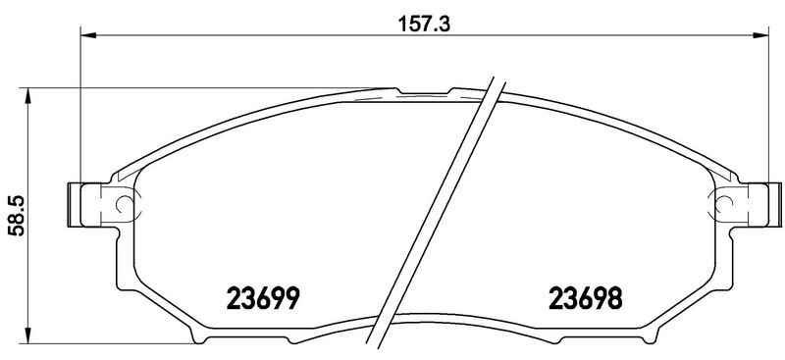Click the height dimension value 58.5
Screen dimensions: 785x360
[19, 216]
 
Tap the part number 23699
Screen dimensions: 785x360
[263, 298]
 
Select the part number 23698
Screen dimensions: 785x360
[586, 298]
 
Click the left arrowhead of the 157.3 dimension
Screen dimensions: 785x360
[87, 35]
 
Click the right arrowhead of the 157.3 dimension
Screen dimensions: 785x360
[761, 35]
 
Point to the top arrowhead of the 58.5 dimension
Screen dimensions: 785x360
[28, 95]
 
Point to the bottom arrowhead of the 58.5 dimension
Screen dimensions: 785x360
[28, 335]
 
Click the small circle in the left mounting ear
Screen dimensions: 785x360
[124, 204]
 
